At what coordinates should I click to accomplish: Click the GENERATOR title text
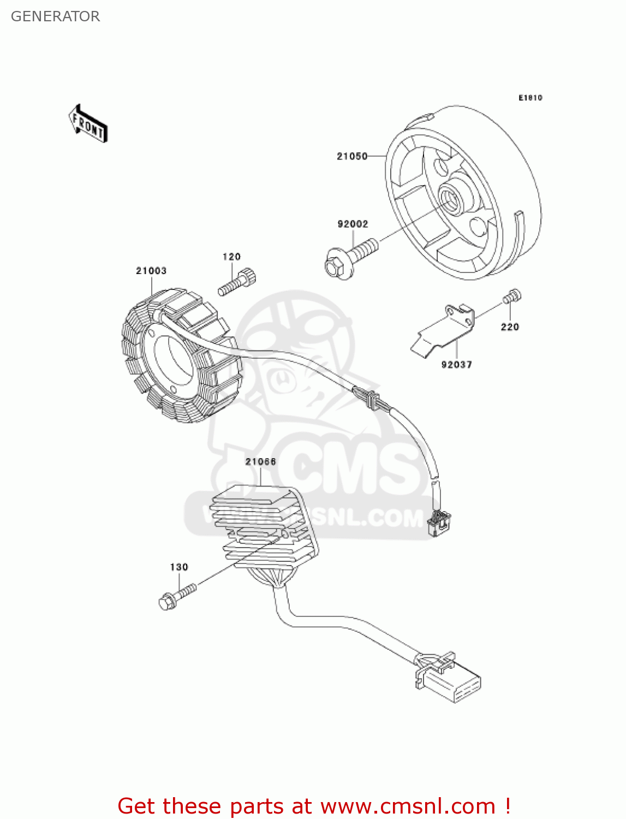tap(55, 16)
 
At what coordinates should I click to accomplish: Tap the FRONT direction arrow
tap(88, 124)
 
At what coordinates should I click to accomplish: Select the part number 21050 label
tap(352, 156)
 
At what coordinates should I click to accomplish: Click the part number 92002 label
tap(353, 224)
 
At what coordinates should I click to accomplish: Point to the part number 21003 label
tap(151, 271)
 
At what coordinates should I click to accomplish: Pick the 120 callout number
tap(231, 257)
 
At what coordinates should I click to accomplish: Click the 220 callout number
tap(510, 327)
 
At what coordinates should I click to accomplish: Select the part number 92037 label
tap(457, 365)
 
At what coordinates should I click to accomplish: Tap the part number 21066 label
tap(260, 462)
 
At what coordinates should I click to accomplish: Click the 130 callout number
tap(179, 567)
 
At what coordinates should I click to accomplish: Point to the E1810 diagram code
tap(530, 98)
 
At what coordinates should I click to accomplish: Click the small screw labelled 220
tap(512, 296)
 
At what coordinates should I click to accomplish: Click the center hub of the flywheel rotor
tap(452, 199)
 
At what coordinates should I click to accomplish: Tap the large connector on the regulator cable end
tap(450, 681)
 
